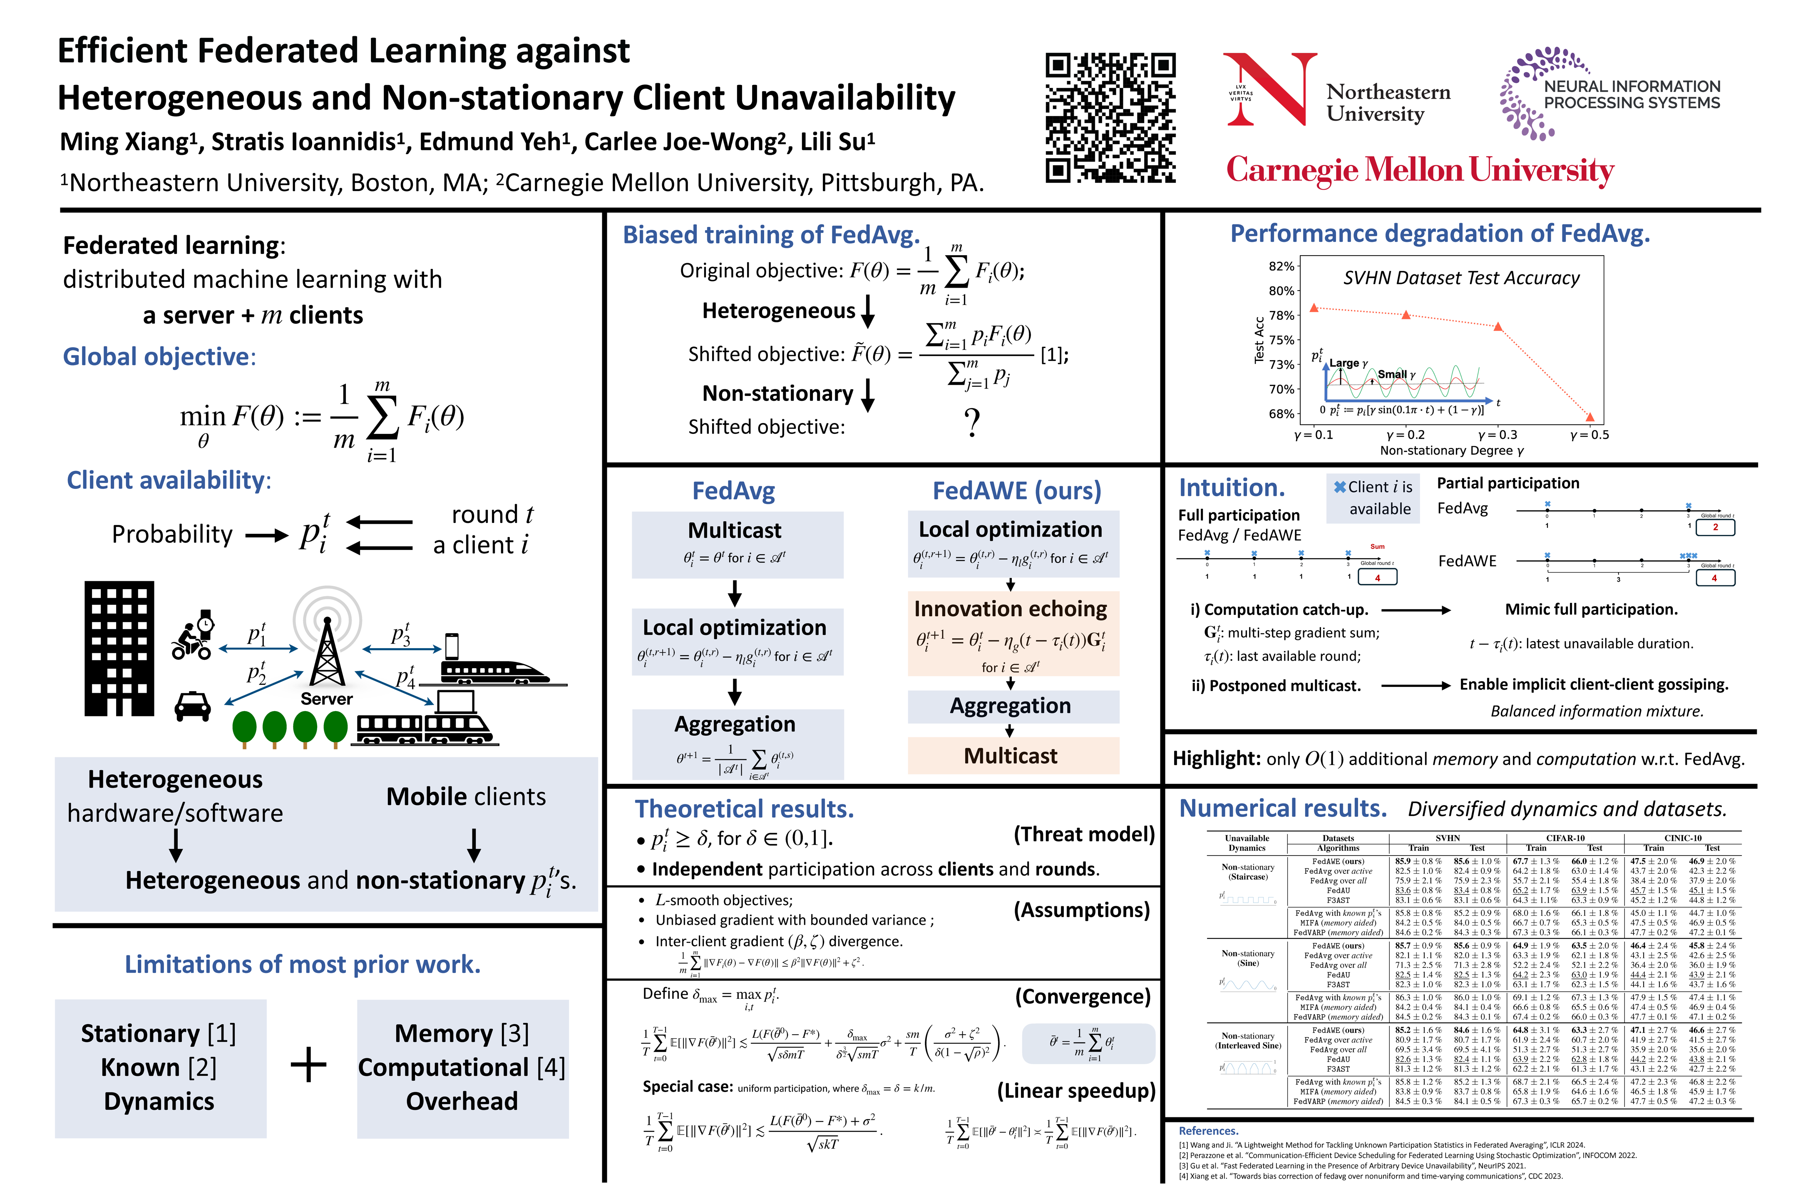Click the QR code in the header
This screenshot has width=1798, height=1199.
coord(1110,118)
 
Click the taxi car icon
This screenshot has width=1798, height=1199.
coord(193,706)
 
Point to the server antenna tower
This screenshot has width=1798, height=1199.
coord(327,650)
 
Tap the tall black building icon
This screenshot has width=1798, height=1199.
coord(119,649)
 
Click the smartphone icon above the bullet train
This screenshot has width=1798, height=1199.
coord(452,646)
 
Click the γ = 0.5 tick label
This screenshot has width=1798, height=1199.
coord(1589,434)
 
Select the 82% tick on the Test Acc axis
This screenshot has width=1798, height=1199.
coord(1281,266)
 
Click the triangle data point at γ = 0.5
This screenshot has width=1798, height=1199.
coord(1590,417)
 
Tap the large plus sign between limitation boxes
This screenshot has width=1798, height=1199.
coord(309,1065)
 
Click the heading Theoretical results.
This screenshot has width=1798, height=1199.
coord(744,809)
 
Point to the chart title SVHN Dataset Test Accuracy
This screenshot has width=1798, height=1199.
coord(1461,279)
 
